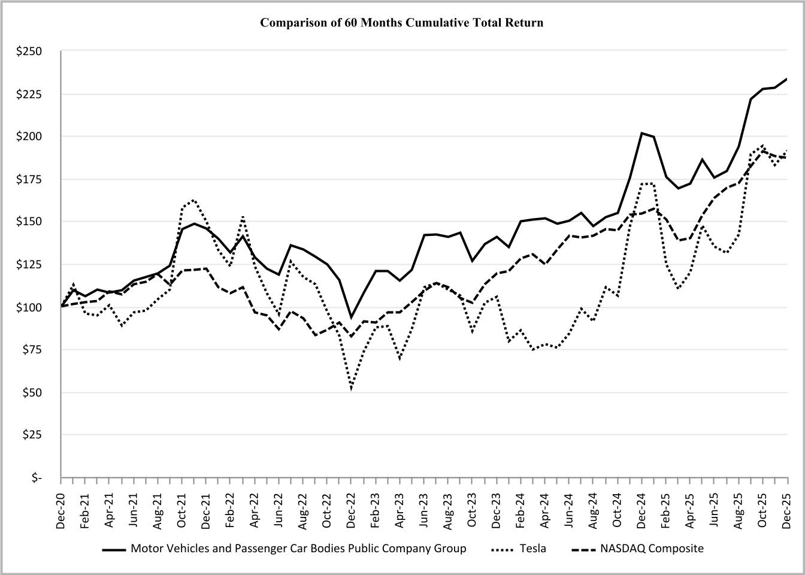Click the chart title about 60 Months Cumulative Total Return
(x=402, y=23)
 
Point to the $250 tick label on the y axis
(x=29, y=52)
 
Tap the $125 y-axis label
(x=29, y=265)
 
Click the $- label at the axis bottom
(x=37, y=478)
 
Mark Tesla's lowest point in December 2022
(x=351, y=389)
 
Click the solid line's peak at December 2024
(x=641, y=133)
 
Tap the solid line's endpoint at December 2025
(x=787, y=78)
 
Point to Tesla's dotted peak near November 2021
(x=194, y=200)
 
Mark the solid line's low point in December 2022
(x=352, y=317)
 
